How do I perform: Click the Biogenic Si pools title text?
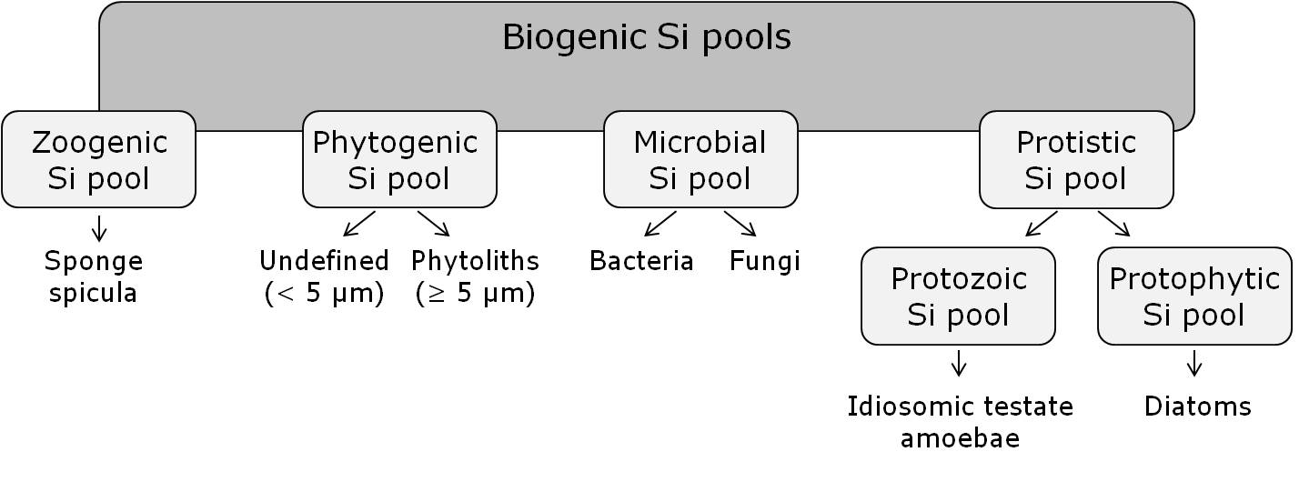pos(646,38)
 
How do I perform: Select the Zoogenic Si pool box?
pos(98,159)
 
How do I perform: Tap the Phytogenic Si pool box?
pos(399,159)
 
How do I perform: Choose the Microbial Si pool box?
pos(700,159)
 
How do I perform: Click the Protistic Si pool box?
pos(1076,159)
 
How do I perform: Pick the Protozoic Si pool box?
pos(958,296)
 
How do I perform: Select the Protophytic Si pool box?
pos(1194,296)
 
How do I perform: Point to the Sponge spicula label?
pos(94,277)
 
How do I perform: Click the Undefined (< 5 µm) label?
pos(324,277)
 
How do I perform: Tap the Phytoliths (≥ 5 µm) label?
pos(475,277)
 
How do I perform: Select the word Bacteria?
pos(641,262)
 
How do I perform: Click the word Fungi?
pos(764,262)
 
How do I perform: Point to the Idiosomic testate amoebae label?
pos(960,422)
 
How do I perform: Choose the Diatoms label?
pos(1197,407)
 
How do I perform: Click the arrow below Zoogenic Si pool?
pos(98,228)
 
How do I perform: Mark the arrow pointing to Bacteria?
pos(660,224)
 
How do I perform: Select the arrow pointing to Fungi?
pos(740,224)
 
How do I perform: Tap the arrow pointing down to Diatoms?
pos(1194,363)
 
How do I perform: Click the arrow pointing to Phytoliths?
pos(434,224)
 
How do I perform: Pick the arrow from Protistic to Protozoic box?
pos(1042,224)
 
